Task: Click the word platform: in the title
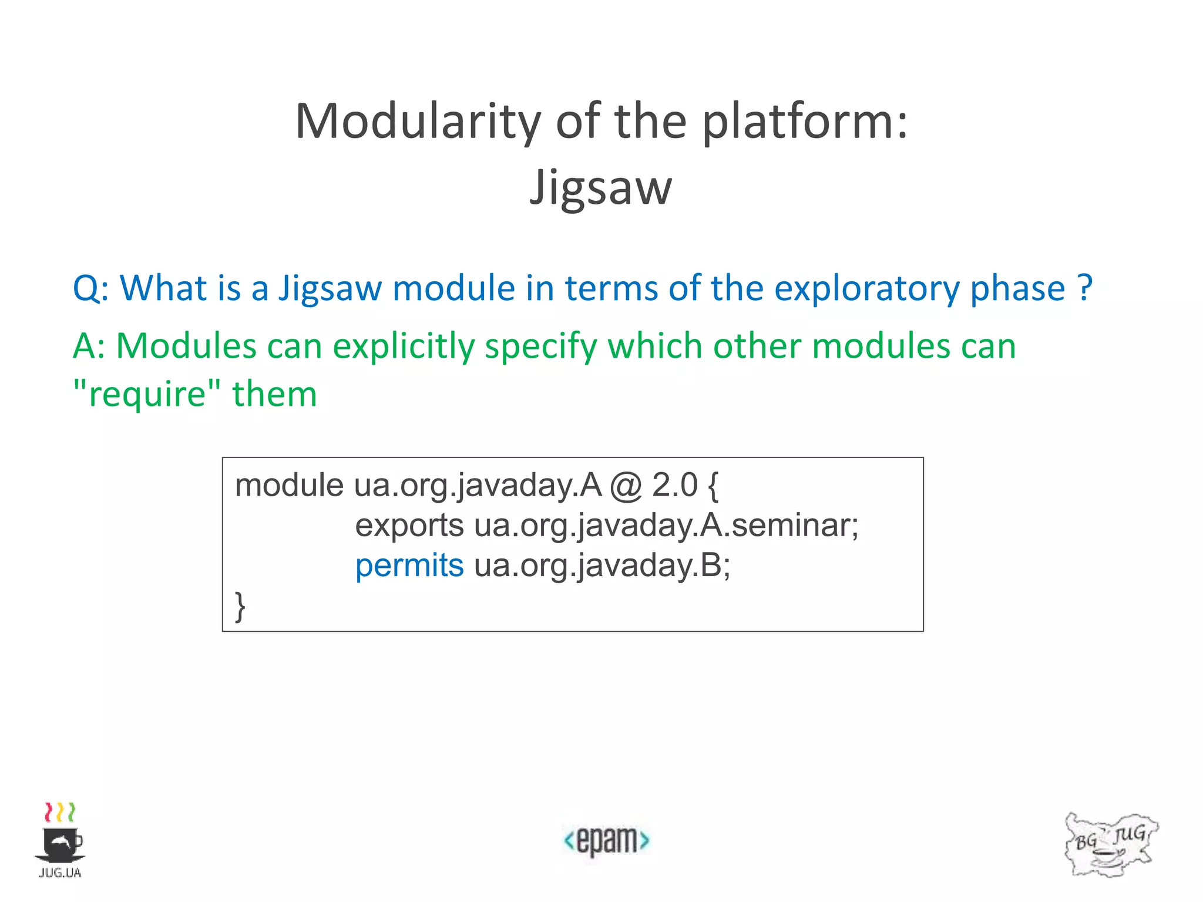point(805,122)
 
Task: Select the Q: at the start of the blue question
point(90,289)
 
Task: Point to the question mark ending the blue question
point(1085,288)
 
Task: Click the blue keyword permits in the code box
point(409,566)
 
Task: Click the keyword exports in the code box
point(409,526)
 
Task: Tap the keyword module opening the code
point(289,486)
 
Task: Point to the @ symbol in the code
point(626,487)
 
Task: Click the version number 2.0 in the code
point(675,486)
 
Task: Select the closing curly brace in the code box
point(240,606)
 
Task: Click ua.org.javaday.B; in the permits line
point(602,566)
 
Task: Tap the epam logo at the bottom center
point(606,840)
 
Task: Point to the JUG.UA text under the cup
point(60,873)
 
